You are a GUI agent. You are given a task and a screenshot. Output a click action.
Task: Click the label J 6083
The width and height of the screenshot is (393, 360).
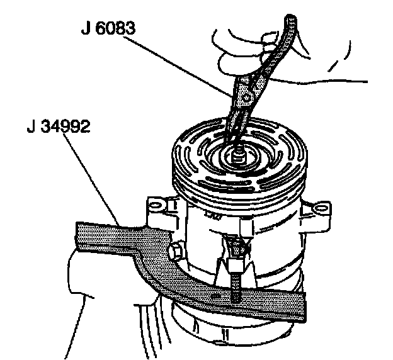click(x=108, y=28)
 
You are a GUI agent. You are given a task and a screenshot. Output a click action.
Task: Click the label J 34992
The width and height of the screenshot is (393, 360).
click(x=58, y=127)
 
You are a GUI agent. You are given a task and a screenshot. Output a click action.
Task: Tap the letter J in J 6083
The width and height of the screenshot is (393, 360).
click(x=86, y=28)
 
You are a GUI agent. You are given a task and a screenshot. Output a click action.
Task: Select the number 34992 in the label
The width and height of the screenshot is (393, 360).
click(x=65, y=127)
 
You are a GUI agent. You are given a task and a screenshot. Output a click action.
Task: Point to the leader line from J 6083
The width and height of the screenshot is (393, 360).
click(x=178, y=66)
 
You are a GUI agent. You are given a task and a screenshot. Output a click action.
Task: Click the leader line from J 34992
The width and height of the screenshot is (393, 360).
click(x=92, y=179)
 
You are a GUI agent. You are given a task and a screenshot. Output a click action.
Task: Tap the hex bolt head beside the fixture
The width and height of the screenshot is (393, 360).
click(x=175, y=251)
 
